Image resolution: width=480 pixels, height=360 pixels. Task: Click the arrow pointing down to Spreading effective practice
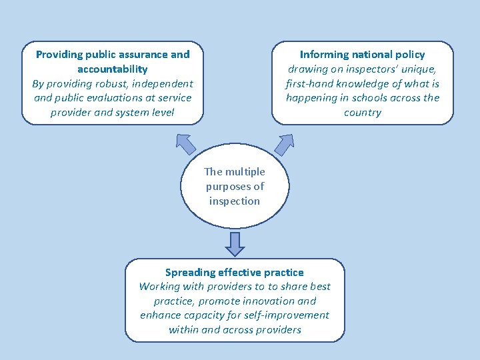[x=235, y=243]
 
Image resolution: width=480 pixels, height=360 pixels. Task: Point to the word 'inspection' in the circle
[x=234, y=201]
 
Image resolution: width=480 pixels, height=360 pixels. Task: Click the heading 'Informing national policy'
[x=362, y=55]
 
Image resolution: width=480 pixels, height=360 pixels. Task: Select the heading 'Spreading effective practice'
[x=234, y=272]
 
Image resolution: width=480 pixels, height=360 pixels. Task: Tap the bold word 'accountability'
[x=112, y=69]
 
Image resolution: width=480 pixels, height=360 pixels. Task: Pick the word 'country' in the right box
[x=362, y=113]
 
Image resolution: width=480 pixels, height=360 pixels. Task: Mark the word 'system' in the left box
[x=133, y=113]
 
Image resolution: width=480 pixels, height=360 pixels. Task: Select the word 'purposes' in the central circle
[x=227, y=187]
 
